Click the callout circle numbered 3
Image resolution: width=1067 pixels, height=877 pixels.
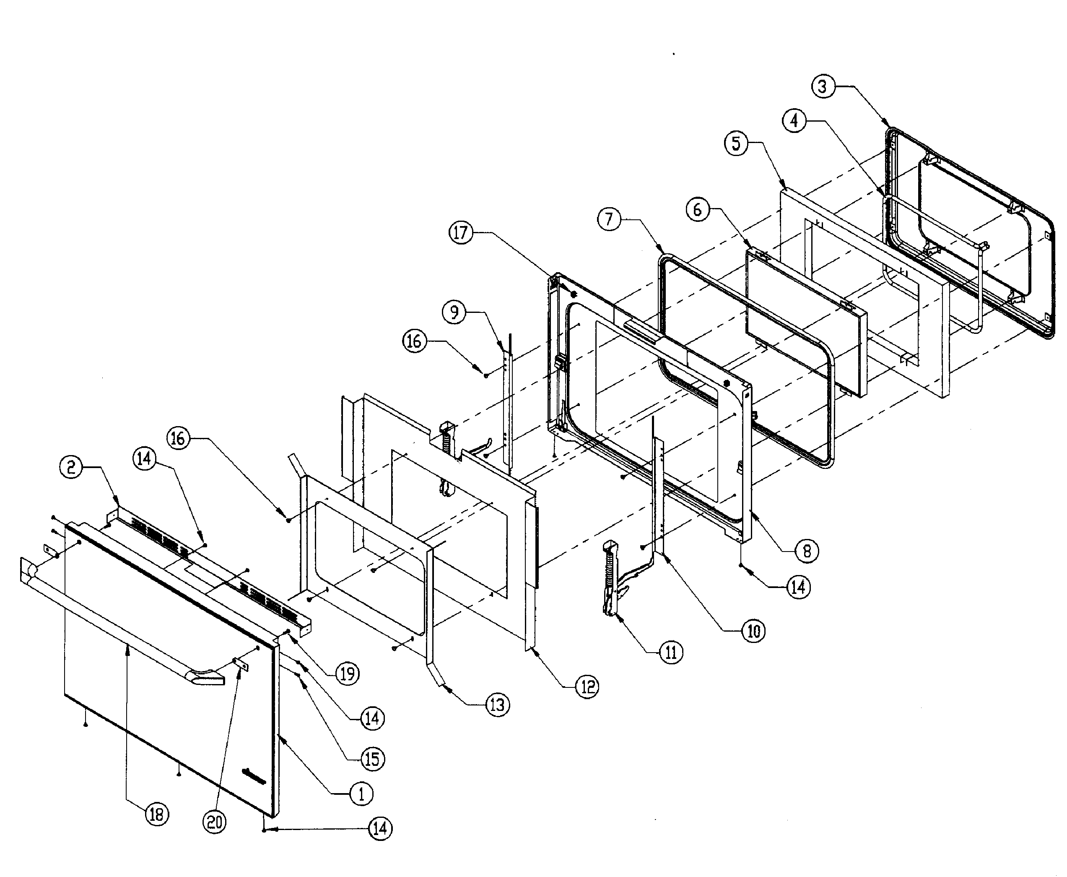(x=823, y=86)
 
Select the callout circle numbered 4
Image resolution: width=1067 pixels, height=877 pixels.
(x=794, y=121)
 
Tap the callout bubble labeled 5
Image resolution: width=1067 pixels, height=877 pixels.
(x=736, y=143)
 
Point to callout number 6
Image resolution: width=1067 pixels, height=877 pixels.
(x=697, y=208)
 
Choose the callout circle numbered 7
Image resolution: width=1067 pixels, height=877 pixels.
(x=609, y=219)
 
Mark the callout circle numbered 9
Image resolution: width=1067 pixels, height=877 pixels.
(x=454, y=312)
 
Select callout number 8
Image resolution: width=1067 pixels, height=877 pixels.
(x=807, y=551)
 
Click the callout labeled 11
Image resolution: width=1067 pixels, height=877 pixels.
(x=671, y=653)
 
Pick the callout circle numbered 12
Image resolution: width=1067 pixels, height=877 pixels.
(x=587, y=687)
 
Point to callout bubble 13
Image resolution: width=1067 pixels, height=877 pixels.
(x=497, y=705)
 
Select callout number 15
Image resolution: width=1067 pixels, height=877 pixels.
(x=372, y=759)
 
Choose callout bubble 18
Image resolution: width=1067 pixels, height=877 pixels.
(x=157, y=815)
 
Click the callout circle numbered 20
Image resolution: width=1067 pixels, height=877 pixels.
(x=215, y=822)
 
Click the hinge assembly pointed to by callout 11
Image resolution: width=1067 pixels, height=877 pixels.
(x=612, y=581)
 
